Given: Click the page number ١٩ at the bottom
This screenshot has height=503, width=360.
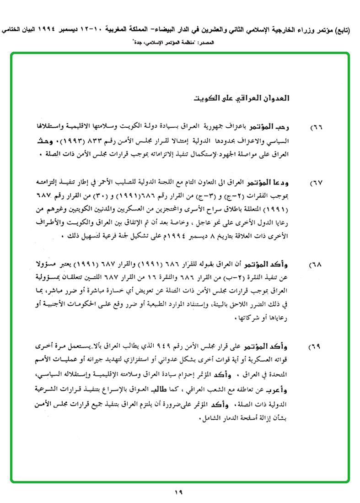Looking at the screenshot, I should (x=178, y=492).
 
